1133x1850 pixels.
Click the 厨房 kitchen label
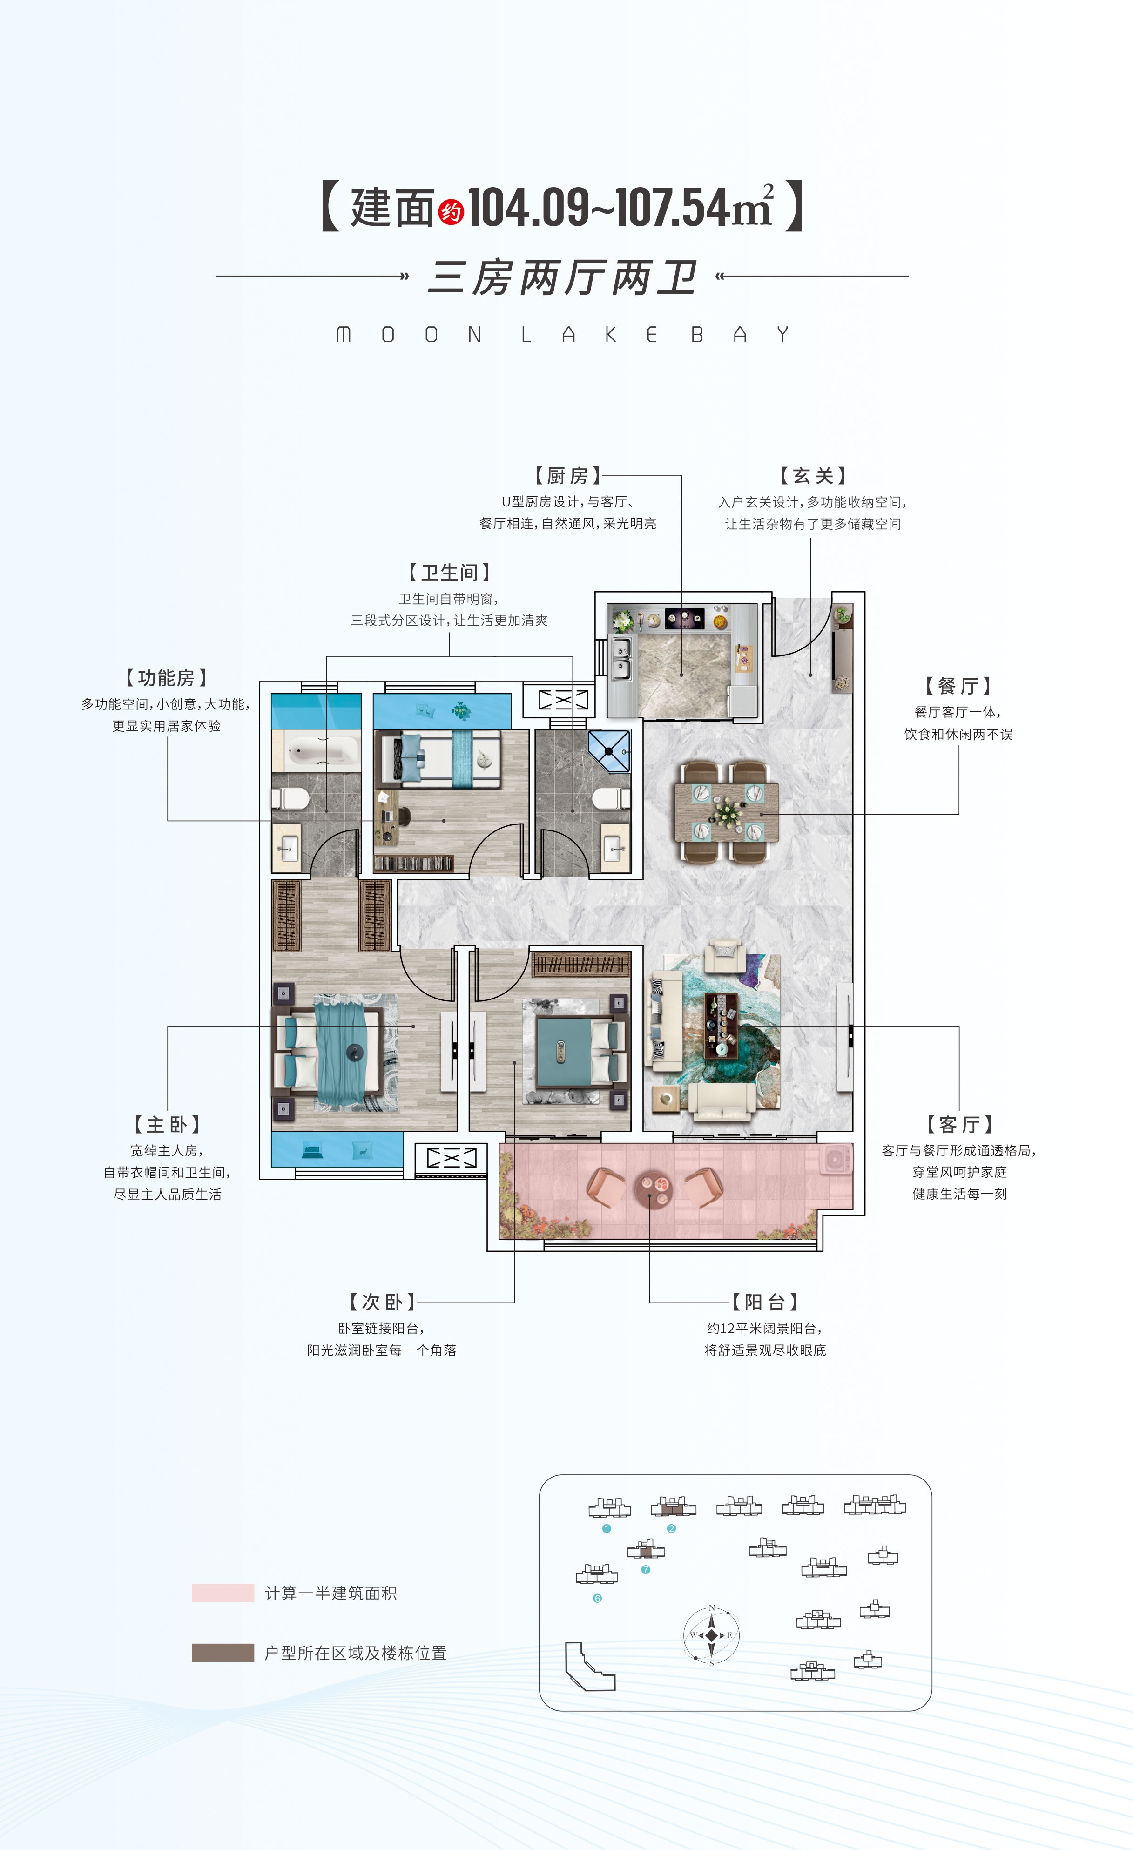[567, 476]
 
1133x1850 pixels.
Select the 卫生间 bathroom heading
[449, 573]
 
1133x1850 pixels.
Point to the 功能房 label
[166, 678]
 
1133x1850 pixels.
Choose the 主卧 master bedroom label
[167, 1124]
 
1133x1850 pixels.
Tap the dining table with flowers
[727, 811]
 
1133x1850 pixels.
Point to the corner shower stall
[609, 751]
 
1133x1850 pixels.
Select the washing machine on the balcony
[836, 1159]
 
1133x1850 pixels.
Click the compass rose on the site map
[711, 1635]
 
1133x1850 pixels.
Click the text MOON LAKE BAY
[562, 334]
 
